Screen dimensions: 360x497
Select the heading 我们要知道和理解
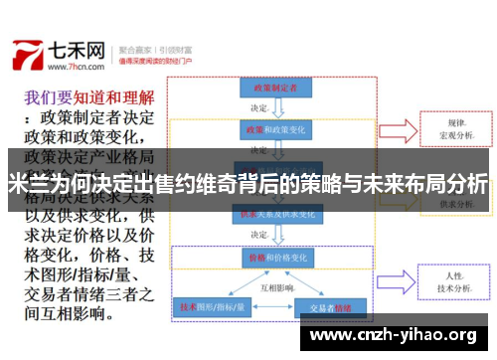88,98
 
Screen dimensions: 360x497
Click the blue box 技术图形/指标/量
212,307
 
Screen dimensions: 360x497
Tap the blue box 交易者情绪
331,307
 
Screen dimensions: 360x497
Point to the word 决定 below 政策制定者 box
259,107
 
